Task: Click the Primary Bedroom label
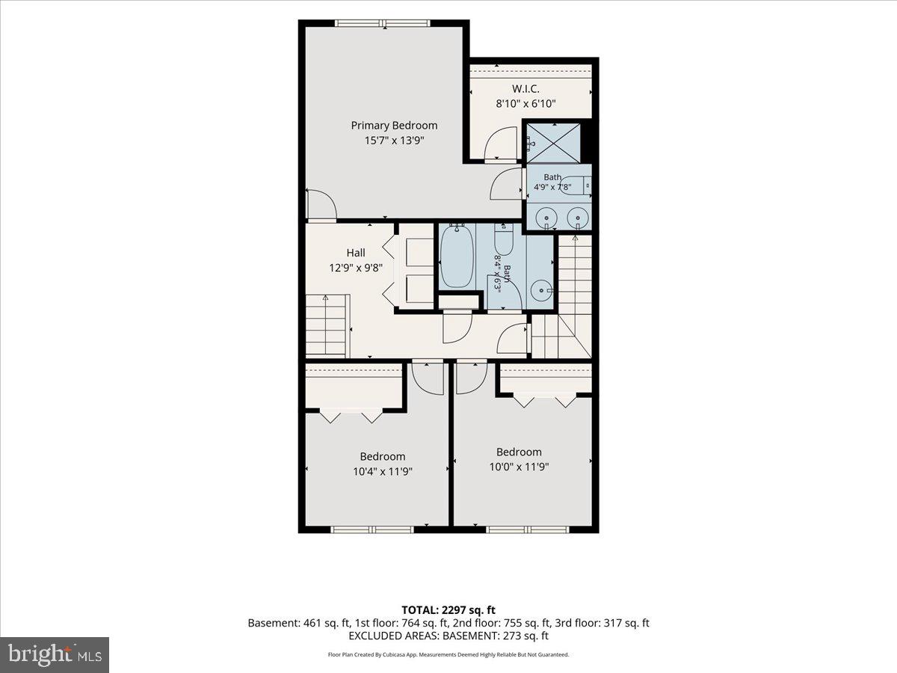[x=394, y=126]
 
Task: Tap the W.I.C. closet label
[x=525, y=89]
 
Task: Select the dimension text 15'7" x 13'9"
[x=394, y=141]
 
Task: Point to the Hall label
[x=356, y=253]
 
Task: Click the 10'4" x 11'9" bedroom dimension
[x=383, y=472]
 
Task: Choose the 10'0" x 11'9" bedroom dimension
[x=519, y=467]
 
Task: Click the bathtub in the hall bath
[x=457, y=256]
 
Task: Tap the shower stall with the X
[x=553, y=143]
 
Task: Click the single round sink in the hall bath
[x=541, y=291]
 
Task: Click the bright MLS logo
[x=55, y=654]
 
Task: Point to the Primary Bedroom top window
[x=383, y=23]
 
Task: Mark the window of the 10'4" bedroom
[x=372, y=529]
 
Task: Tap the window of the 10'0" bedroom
[x=527, y=529]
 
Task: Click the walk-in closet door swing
[x=501, y=143]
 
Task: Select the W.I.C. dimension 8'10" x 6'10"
[x=525, y=104]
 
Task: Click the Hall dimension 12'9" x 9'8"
[x=356, y=268]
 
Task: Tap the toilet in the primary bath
[x=577, y=185]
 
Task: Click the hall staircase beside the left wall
[x=327, y=325]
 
